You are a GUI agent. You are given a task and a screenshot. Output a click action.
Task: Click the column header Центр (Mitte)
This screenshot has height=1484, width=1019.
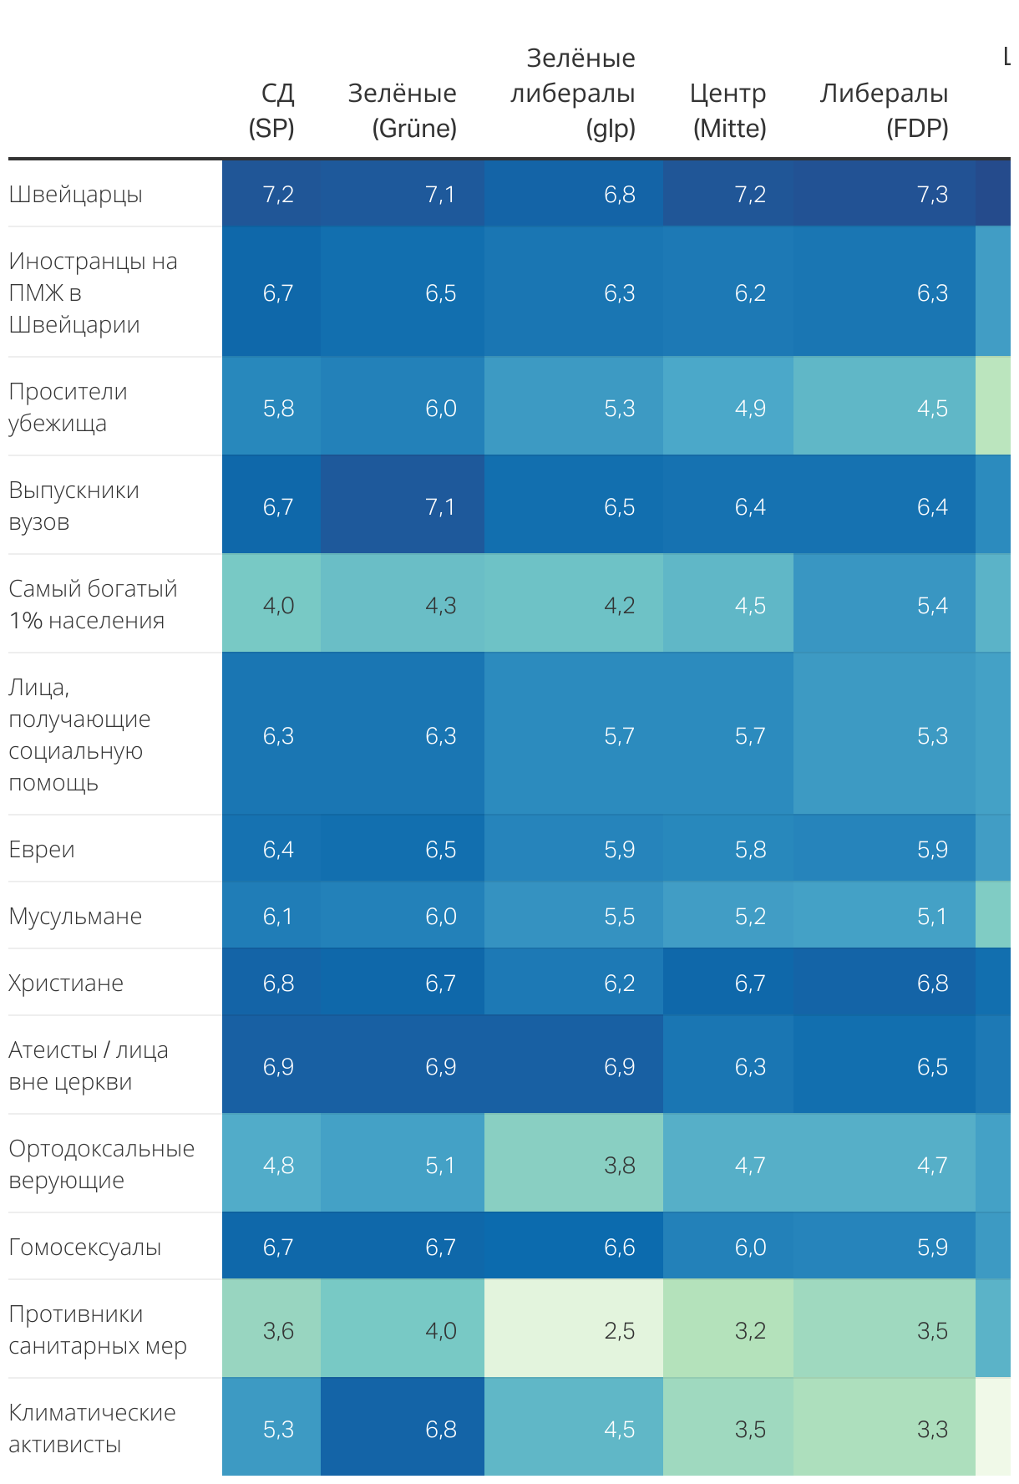coord(727,110)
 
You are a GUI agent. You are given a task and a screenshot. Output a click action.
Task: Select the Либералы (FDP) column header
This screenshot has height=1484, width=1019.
coord(884,110)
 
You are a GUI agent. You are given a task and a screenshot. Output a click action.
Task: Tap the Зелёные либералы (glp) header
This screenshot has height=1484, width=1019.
coord(573,93)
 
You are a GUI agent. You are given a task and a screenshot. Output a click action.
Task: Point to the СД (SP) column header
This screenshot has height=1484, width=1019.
coord(272,110)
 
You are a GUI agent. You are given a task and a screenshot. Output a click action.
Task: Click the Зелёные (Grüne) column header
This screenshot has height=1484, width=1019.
coord(402,110)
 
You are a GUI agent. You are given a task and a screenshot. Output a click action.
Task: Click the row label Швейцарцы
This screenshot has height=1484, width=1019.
coord(76,194)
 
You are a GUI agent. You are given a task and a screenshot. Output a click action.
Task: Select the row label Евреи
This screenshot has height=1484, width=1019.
coord(42,849)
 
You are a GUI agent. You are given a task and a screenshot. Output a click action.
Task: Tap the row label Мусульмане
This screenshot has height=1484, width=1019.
coord(75,916)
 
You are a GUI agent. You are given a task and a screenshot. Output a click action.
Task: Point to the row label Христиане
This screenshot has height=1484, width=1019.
coord(66,983)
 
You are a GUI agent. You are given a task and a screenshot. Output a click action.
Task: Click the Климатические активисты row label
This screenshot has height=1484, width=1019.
coord(92,1428)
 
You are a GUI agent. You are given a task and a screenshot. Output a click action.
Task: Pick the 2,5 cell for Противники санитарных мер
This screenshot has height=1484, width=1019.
coord(619,1330)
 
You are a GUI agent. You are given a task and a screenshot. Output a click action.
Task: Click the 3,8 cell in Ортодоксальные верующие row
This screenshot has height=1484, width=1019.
coord(619,1165)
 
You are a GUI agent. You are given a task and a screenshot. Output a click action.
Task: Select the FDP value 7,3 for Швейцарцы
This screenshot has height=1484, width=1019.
coord(932,194)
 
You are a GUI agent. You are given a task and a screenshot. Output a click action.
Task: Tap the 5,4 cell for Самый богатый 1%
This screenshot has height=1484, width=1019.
coord(932,605)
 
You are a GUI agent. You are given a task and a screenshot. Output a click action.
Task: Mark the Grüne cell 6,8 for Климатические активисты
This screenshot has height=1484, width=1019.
coord(440,1429)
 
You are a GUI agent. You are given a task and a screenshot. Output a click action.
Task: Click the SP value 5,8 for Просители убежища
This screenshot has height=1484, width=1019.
coord(278,408)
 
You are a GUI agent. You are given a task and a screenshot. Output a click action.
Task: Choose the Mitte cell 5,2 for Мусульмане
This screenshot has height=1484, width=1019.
coord(750,916)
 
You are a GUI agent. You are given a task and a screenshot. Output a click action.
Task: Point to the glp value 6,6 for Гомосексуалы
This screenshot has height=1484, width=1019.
coord(619,1247)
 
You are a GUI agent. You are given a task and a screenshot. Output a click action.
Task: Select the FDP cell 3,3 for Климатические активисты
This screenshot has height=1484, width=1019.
coord(932,1429)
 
